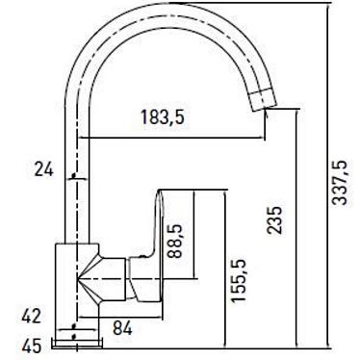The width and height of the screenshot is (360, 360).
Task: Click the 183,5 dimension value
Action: click(x=163, y=116)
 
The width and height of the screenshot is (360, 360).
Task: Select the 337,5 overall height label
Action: click(x=340, y=183)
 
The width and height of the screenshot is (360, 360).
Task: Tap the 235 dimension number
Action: click(x=274, y=219)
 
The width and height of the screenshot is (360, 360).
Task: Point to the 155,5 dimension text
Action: click(x=239, y=280)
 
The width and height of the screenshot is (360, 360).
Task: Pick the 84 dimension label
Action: click(x=122, y=328)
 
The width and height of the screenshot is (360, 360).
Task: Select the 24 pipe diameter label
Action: click(x=43, y=169)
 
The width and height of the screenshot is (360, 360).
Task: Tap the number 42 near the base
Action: click(x=32, y=316)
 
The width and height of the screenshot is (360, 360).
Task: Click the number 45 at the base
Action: click(x=32, y=347)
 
